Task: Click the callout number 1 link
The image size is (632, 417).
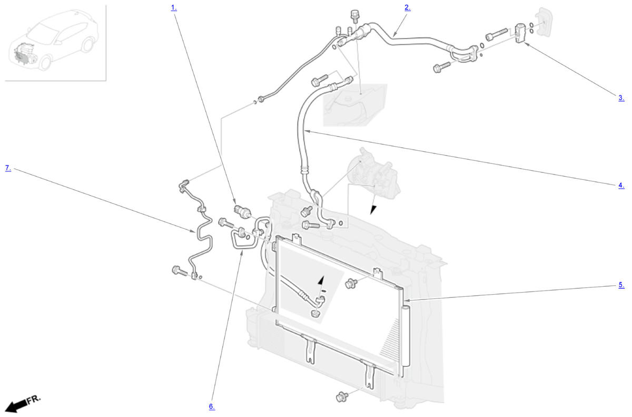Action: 174,8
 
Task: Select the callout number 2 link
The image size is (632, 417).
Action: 407,8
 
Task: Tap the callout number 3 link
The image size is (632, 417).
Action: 621,98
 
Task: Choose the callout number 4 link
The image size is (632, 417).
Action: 621,185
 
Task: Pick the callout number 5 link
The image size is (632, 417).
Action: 621,285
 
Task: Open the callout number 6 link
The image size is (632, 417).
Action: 212,406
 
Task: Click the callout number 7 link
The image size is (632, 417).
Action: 8,168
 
